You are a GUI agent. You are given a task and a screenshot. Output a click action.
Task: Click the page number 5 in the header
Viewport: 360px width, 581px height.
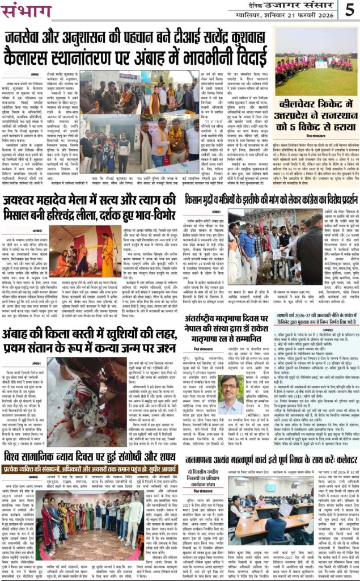point(350,10)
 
